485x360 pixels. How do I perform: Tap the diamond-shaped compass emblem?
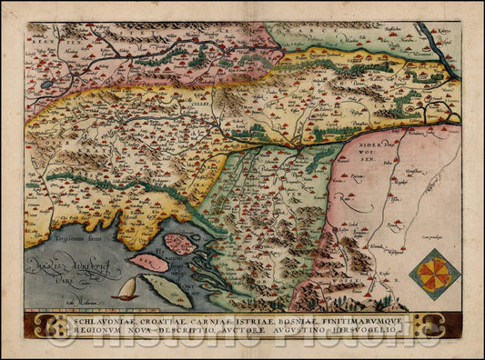(x=434, y=275)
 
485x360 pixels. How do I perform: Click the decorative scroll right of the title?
(x=426, y=325)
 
